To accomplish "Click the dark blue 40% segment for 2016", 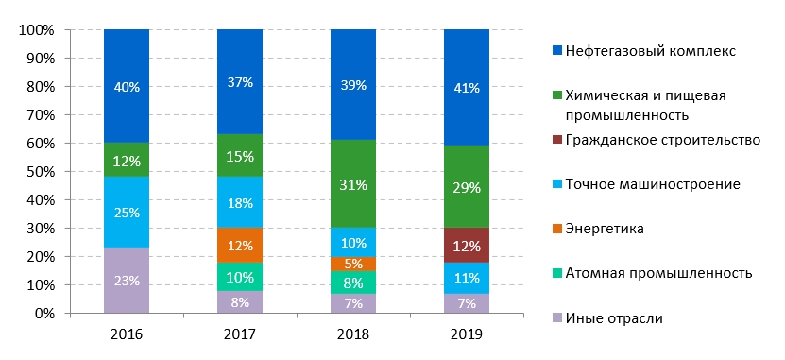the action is [x=127, y=86].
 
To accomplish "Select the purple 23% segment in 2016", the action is [x=127, y=281].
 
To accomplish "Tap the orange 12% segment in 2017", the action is [x=240, y=246].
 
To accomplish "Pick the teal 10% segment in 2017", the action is [x=240, y=277].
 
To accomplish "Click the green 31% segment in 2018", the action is [x=353, y=184].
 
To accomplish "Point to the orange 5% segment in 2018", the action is [x=353, y=264].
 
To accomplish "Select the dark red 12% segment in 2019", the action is [x=467, y=246].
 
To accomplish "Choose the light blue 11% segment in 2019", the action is [x=467, y=278].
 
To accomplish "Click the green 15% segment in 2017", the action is [x=240, y=155].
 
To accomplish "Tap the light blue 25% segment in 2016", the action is [x=127, y=212].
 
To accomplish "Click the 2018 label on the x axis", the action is [x=353, y=334].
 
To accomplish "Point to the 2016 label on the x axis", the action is [x=127, y=334].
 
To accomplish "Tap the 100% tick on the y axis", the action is [x=43, y=30].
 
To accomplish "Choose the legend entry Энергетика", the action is [x=598, y=229].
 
